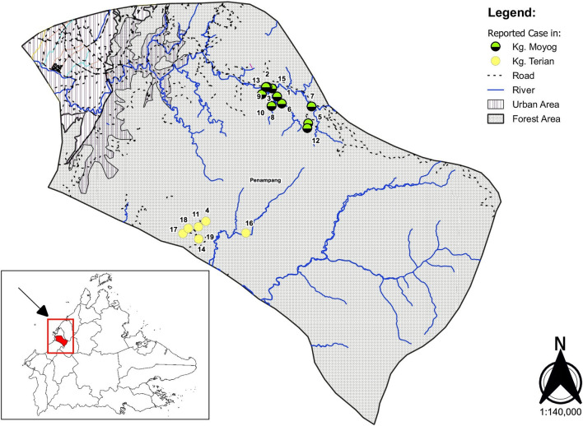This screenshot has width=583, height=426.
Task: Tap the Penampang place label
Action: [x=263, y=178]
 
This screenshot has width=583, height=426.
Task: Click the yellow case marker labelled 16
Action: [x=245, y=234]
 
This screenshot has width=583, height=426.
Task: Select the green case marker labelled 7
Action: [x=311, y=106]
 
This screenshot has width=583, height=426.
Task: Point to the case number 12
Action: [x=315, y=141]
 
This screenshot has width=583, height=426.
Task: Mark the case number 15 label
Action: [x=282, y=79]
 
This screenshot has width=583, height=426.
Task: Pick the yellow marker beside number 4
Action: [x=206, y=221]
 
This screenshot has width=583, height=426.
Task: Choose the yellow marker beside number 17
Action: [x=188, y=229]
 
